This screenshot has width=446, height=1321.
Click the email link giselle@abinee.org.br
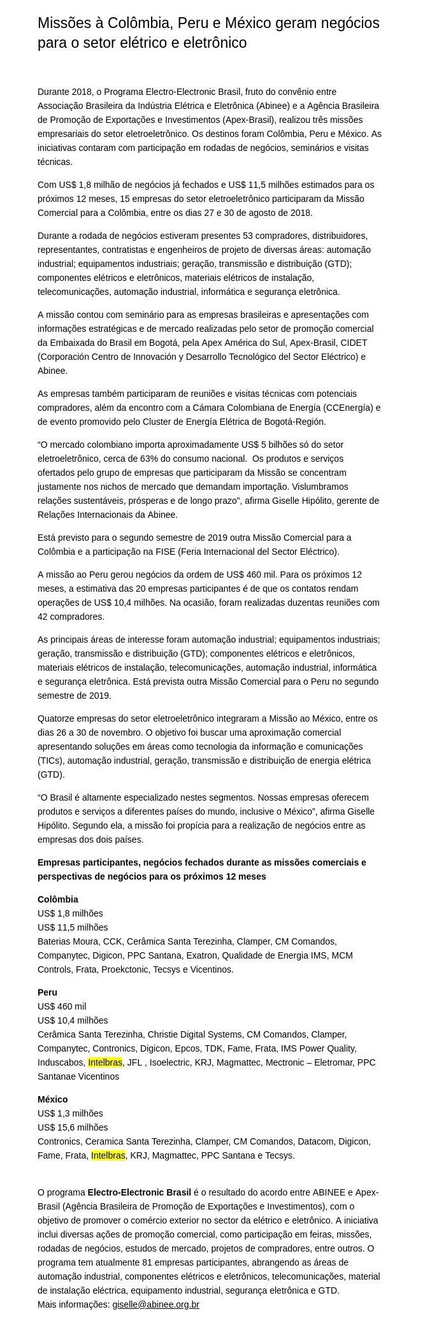click(x=155, y=1304)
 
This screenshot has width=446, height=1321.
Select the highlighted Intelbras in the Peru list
click(x=105, y=1062)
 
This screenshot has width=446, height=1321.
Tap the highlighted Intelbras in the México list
click(x=108, y=1155)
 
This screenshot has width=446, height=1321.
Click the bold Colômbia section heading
click(x=58, y=899)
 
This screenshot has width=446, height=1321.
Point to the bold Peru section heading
click(x=47, y=992)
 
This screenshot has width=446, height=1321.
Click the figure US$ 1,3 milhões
click(x=70, y=1113)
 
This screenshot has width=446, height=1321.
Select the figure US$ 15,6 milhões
click(x=73, y=1127)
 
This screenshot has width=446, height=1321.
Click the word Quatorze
click(x=57, y=718)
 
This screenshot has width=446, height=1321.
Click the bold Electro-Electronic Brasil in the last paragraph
click(x=139, y=1192)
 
